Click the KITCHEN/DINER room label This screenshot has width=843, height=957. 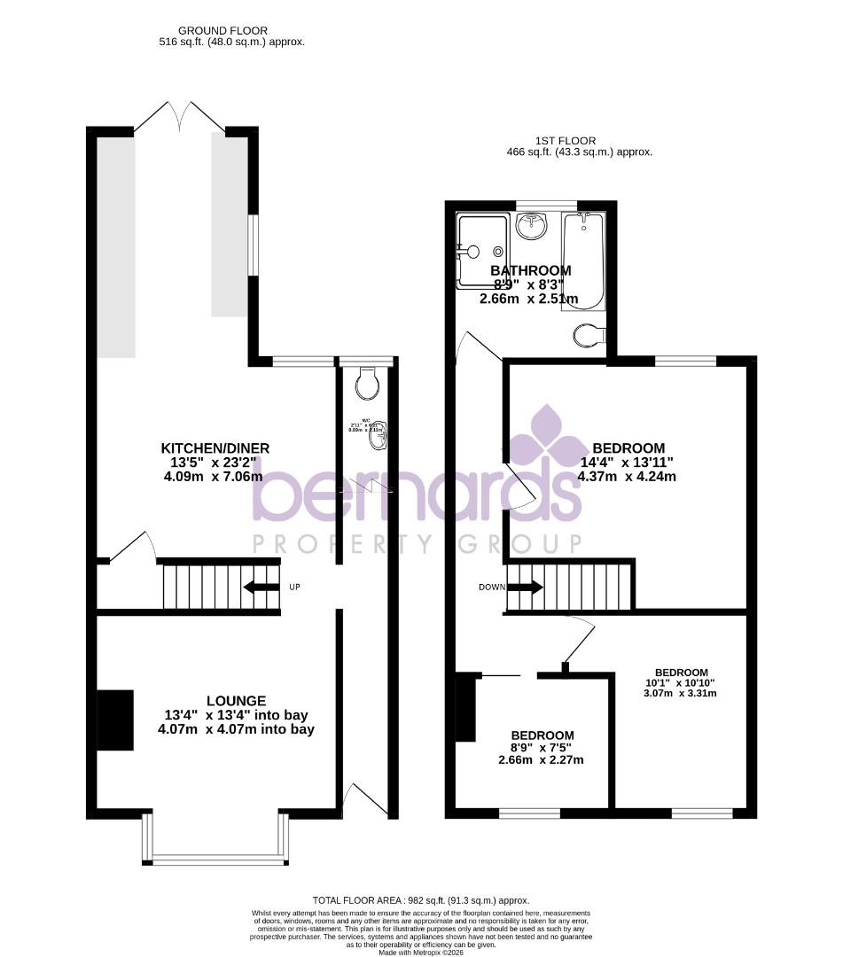click(x=215, y=448)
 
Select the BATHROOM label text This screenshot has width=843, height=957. click(x=531, y=270)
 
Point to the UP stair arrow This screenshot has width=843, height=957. click(x=261, y=587)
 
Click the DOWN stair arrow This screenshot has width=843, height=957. click(x=525, y=587)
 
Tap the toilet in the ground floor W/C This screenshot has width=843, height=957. click(x=367, y=384)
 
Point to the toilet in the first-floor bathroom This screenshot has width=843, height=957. click(x=589, y=335)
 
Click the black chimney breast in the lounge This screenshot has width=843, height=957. click(x=114, y=720)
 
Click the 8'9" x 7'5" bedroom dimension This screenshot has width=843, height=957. click(x=542, y=748)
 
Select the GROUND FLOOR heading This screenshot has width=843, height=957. click(x=210, y=31)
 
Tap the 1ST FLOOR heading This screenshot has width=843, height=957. click(x=566, y=140)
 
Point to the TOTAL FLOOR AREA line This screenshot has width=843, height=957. click(x=421, y=900)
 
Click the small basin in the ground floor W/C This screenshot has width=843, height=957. click(x=379, y=431)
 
